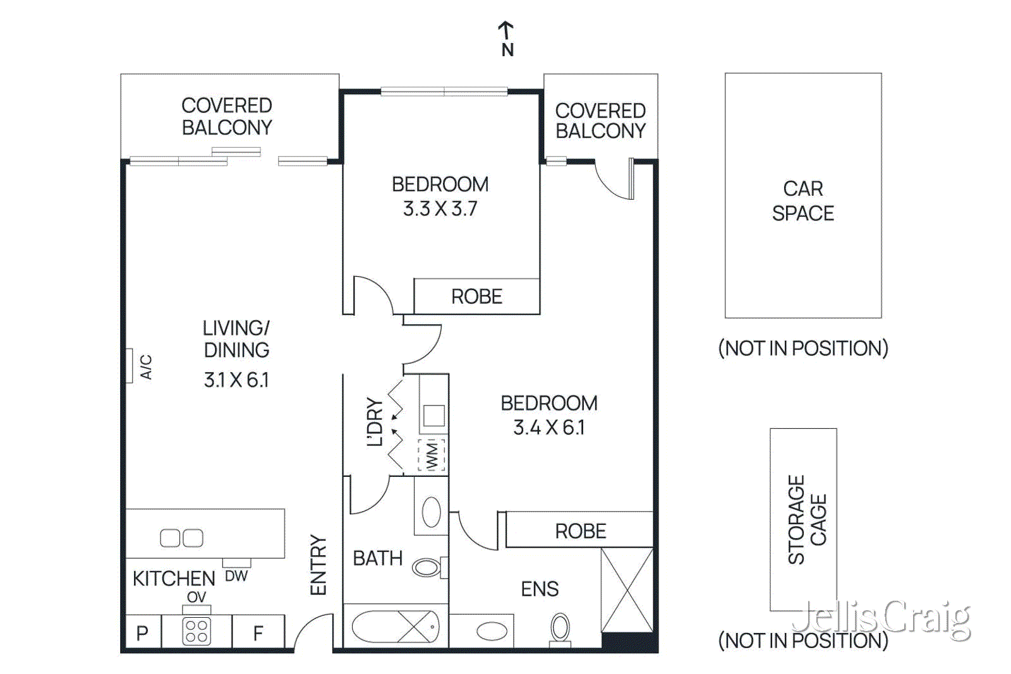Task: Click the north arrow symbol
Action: click(505, 30)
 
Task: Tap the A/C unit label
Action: click(146, 366)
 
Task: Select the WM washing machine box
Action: click(432, 455)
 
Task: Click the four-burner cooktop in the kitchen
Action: click(196, 631)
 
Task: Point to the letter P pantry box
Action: click(143, 632)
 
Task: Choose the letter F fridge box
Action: click(258, 632)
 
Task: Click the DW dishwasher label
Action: click(236, 575)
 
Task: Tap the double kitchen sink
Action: click(181, 538)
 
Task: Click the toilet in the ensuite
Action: click(560, 629)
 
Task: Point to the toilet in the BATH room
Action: click(428, 567)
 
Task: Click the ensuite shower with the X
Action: click(626, 590)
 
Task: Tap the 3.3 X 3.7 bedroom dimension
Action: click(440, 208)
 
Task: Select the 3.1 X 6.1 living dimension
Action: click(236, 380)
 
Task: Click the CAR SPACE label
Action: click(803, 201)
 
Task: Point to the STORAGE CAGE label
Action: click(806, 519)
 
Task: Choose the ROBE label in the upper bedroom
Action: click(476, 296)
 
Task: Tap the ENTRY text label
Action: click(318, 565)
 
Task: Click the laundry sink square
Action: click(433, 416)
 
